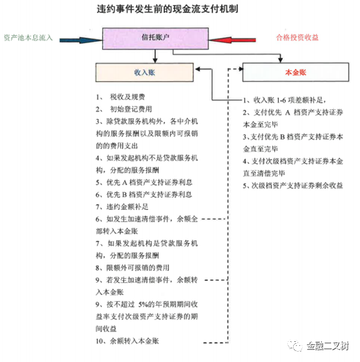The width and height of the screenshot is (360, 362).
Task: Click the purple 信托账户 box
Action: (x=155, y=38)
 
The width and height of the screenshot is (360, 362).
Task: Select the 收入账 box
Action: (x=144, y=73)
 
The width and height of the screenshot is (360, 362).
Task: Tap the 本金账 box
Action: (x=296, y=72)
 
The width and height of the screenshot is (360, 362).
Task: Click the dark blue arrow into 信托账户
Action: (x=81, y=40)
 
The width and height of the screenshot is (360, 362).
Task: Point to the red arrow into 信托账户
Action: (x=232, y=40)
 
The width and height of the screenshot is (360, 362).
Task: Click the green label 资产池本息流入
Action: (x=29, y=38)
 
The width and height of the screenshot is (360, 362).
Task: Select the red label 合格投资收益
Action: (x=297, y=38)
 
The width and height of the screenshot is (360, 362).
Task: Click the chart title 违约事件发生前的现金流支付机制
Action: (x=167, y=9)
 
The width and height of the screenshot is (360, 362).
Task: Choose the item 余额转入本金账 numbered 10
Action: (x=127, y=341)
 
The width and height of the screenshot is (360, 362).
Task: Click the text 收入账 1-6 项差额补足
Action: (x=285, y=100)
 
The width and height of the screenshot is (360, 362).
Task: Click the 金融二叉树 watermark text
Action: (x=328, y=346)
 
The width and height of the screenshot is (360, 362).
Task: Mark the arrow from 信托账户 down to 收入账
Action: (x=155, y=56)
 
